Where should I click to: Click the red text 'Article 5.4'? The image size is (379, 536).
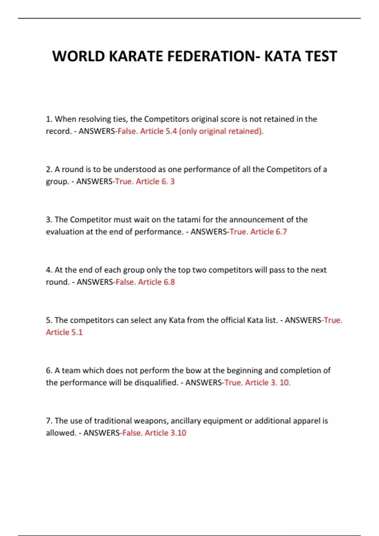158,131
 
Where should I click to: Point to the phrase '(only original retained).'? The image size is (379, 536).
221,131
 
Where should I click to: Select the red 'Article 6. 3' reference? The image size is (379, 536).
155,182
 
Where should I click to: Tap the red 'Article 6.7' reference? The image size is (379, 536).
268,232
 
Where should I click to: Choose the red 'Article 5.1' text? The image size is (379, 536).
64,332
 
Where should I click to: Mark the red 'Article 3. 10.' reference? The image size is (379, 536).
268,383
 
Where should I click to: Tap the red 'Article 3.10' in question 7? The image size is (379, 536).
165,433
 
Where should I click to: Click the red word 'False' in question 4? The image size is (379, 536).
125,282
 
